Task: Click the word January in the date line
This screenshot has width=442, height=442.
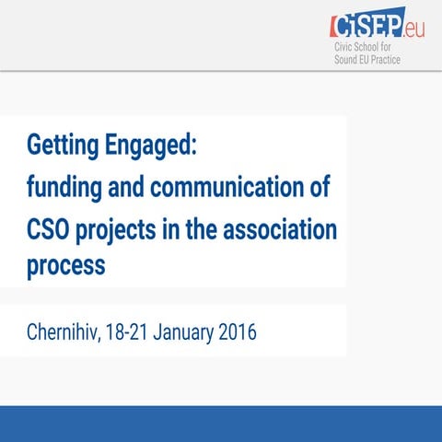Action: (x=193, y=331)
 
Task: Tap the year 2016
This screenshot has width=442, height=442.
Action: (x=237, y=331)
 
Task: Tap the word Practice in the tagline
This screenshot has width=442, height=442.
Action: (x=407, y=60)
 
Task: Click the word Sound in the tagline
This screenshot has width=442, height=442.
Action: (x=347, y=60)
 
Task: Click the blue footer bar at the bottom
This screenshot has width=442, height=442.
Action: (x=221, y=423)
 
